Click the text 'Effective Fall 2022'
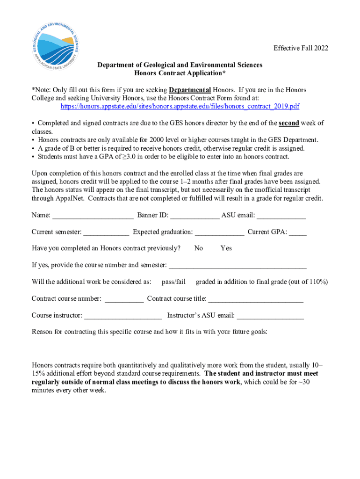pyautogui.click(x=301, y=48)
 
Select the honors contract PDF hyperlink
pyautogui.click(x=180, y=107)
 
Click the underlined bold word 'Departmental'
pyautogui.click(x=190, y=90)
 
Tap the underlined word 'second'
pyautogui.click(x=289, y=123)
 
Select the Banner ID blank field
pyautogui.click(x=194, y=216)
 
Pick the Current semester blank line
pyautogui.click(x=106, y=232)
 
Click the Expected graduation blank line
pyautogui.click(x=219, y=232)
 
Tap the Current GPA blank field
pyautogui.click(x=298, y=232)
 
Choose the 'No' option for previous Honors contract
pyautogui.click(x=198, y=248)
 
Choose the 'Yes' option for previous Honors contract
pyautogui.click(x=226, y=248)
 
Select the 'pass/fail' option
pyautogui.click(x=173, y=282)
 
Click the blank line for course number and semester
pyautogui.click(x=238, y=266)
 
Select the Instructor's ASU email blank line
pyautogui.click(x=271, y=316)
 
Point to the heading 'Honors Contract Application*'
pyautogui.click(x=180, y=73)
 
